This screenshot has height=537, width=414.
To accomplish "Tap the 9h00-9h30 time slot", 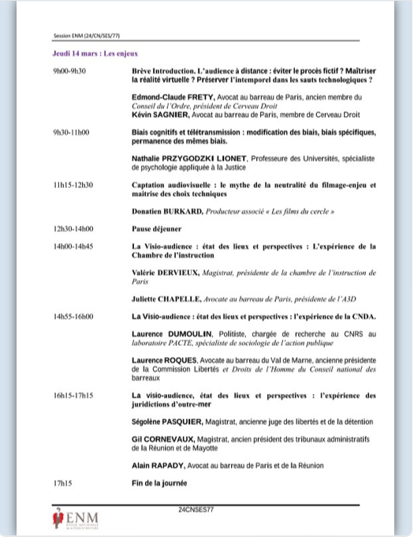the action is [x=69, y=70].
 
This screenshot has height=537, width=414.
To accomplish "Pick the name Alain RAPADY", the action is [x=162, y=465].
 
